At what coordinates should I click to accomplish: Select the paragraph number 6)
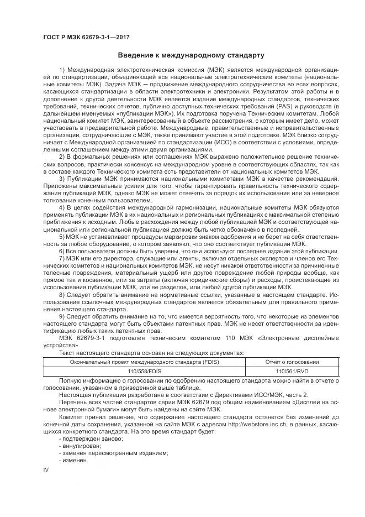(62, 250)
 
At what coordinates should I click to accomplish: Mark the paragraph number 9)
(62, 316)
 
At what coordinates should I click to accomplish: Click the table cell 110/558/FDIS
(143, 371)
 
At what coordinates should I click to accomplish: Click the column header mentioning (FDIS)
(143, 362)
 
